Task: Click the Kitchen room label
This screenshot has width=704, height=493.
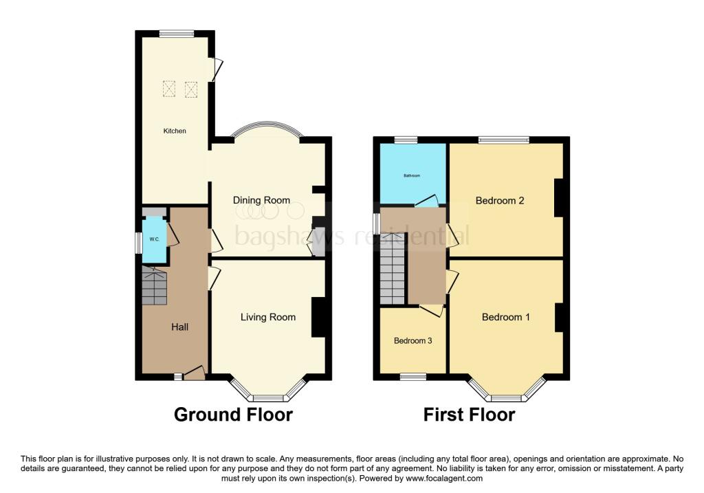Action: tap(174, 131)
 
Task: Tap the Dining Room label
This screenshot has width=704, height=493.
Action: tap(261, 200)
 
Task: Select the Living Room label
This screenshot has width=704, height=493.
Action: tap(268, 317)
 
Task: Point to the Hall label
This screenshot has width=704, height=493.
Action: tap(179, 327)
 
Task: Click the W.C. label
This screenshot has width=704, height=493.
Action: tap(155, 239)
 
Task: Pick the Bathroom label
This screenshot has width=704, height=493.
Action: tap(411, 176)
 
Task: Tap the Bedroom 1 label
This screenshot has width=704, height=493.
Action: tap(506, 317)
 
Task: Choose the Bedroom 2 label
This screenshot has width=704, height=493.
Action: tap(500, 201)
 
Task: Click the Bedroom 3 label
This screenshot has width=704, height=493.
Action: tap(412, 340)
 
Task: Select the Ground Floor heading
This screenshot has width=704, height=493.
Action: tap(233, 415)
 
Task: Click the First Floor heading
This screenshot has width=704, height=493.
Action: tap(469, 415)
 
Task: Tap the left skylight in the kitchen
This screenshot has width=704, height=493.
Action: tap(169, 89)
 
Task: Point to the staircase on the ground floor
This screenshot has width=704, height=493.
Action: tap(155, 286)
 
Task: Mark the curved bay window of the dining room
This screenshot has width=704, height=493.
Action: tap(265, 129)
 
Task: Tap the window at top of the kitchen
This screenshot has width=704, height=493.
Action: tap(176, 32)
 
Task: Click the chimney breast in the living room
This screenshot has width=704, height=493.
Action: tap(318, 317)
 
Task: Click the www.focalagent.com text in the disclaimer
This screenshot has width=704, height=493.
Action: tap(445, 479)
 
